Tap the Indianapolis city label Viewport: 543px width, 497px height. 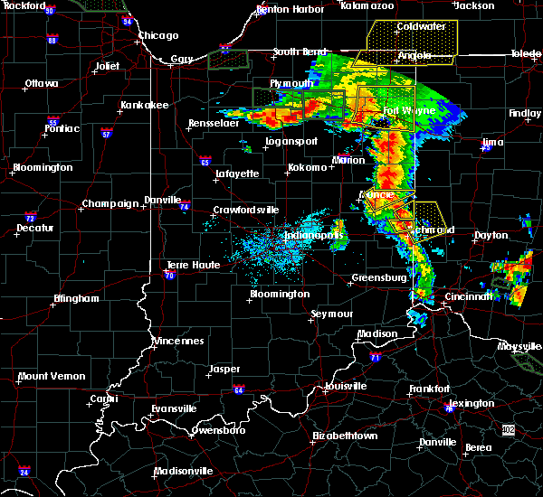tap(314, 235)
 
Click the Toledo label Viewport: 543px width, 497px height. tap(525, 54)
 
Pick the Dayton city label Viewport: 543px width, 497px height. tap(491, 235)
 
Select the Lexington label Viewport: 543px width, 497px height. tap(472, 403)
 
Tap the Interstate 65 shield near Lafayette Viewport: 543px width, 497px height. tap(205, 162)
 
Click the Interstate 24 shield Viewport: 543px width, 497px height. tap(24, 472)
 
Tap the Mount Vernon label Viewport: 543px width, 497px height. tap(52, 376)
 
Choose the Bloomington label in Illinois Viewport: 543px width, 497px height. tap(43, 168)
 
